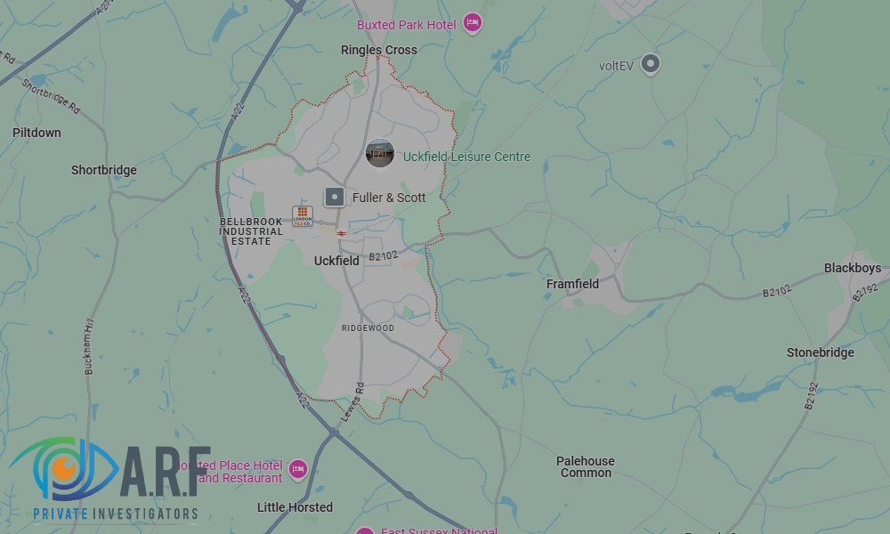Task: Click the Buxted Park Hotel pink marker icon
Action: pyautogui.click(x=473, y=23)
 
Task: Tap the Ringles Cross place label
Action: pyautogui.click(x=378, y=51)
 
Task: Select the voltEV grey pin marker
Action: pyautogui.click(x=651, y=63)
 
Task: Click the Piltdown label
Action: pyautogui.click(x=36, y=133)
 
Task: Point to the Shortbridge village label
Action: pyautogui.click(x=104, y=170)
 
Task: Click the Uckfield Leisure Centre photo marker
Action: pyautogui.click(x=380, y=154)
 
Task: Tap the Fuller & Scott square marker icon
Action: pyautogui.click(x=334, y=197)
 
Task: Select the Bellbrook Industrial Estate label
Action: pyautogui.click(x=251, y=231)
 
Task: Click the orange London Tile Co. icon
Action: pyautogui.click(x=303, y=215)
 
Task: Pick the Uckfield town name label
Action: pyautogui.click(x=336, y=261)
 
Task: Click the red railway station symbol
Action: pyautogui.click(x=341, y=233)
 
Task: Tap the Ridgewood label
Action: pyautogui.click(x=368, y=328)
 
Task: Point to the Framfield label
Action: pyautogui.click(x=572, y=284)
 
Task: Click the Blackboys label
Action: pyautogui.click(x=852, y=268)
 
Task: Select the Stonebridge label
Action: pyautogui.click(x=820, y=352)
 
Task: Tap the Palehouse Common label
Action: pyautogui.click(x=585, y=466)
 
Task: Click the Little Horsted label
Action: pyautogui.click(x=295, y=507)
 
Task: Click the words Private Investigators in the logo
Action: pyautogui.click(x=115, y=514)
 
